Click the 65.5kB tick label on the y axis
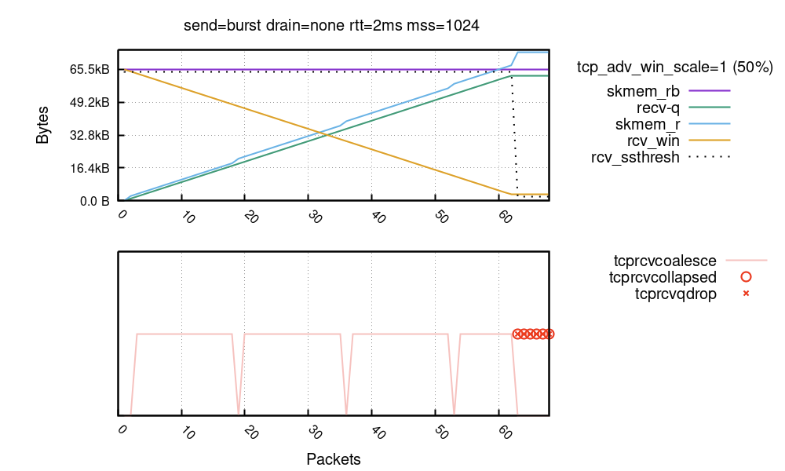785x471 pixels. pyautogui.click(x=89, y=70)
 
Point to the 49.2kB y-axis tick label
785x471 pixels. pyautogui.click(x=89, y=103)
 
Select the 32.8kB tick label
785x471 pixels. pyautogui.click(x=89, y=136)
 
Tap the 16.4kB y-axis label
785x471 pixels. pyautogui.click(x=89, y=169)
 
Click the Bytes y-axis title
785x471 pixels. pyautogui.click(x=42, y=124)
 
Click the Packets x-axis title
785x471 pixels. pyautogui.click(x=334, y=458)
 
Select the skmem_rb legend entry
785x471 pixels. pyautogui.click(x=643, y=91)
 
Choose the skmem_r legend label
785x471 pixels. pyautogui.click(x=648, y=124)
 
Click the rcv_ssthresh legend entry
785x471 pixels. pyautogui.click(x=635, y=157)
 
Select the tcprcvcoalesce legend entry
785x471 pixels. pyautogui.click(x=666, y=261)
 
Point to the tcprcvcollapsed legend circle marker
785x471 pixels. pyautogui.click(x=747, y=277)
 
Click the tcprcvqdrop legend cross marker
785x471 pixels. pyautogui.click(x=747, y=294)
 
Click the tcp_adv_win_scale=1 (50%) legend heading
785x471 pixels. pyautogui.click(x=675, y=68)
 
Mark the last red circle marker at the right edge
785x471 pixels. pyautogui.click(x=549, y=334)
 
